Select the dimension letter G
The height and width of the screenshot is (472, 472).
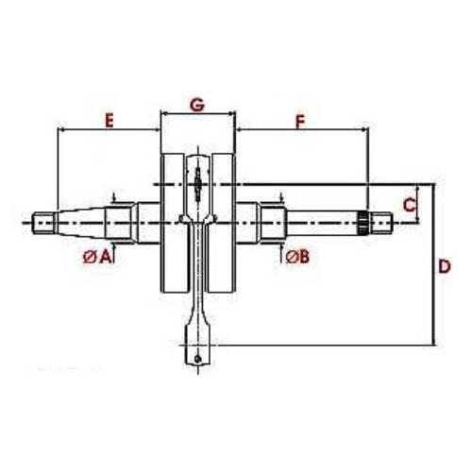(x=196, y=104)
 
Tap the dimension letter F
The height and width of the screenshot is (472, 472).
(x=300, y=121)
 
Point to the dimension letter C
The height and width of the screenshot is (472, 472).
(x=409, y=202)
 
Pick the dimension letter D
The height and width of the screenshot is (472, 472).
(x=444, y=267)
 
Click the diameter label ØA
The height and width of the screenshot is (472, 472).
(x=97, y=256)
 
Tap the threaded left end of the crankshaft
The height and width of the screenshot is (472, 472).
(x=43, y=224)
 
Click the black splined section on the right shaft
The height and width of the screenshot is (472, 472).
(x=362, y=223)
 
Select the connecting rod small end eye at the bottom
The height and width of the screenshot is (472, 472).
(x=196, y=359)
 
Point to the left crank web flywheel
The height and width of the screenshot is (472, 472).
(x=174, y=223)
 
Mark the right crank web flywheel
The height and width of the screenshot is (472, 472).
(x=221, y=223)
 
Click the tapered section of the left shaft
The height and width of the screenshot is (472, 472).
(x=80, y=223)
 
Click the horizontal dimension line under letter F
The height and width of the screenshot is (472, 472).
(x=300, y=131)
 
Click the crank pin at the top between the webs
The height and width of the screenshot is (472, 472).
(x=196, y=179)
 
